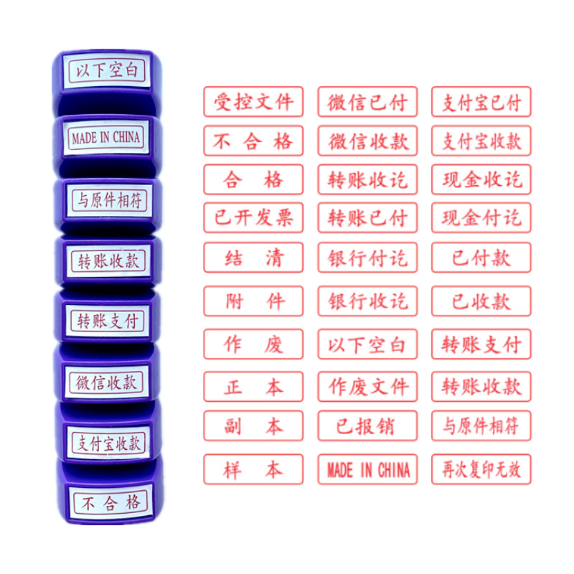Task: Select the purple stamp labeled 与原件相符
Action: [108, 199]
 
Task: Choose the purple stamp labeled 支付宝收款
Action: [108, 442]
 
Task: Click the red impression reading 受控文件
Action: [253, 102]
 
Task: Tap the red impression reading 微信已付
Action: [367, 102]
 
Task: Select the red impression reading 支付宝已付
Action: [481, 102]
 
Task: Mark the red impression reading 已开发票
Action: [253, 218]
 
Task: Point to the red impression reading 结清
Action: [253, 258]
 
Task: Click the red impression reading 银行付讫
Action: [367, 258]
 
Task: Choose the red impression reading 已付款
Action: [481, 258]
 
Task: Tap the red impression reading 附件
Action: [253, 301]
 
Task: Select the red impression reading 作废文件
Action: [367, 387]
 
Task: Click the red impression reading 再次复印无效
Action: [481, 469]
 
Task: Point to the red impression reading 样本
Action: [253, 469]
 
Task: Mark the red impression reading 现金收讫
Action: [481, 179]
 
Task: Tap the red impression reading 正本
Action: [253, 387]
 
